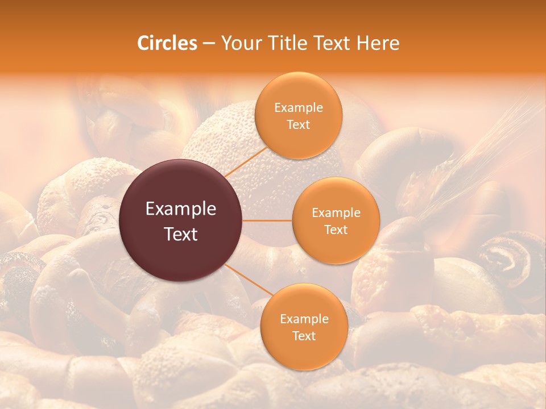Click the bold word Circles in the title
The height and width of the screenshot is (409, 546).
[167, 43]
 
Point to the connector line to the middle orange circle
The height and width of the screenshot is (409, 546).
[267, 220]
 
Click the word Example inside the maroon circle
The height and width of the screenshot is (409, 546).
[181, 209]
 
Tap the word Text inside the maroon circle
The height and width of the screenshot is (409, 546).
[181, 234]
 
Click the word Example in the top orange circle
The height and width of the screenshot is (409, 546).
[298, 108]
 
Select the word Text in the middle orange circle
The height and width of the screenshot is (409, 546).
[336, 230]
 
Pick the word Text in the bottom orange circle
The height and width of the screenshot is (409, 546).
[304, 336]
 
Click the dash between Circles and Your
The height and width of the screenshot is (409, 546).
[208, 44]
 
